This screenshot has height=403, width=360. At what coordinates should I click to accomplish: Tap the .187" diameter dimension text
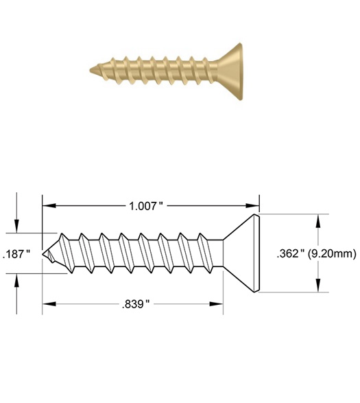(x=16, y=254)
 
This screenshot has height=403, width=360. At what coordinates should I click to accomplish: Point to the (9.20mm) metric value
(x=332, y=253)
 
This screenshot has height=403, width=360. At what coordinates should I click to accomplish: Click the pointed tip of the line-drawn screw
(x=46, y=253)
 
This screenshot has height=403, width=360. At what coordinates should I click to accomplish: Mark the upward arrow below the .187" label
(x=16, y=279)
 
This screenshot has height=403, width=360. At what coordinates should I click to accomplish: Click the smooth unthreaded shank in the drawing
(x=213, y=253)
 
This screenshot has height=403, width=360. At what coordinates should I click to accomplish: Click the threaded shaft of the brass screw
(x=158, y=69)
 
